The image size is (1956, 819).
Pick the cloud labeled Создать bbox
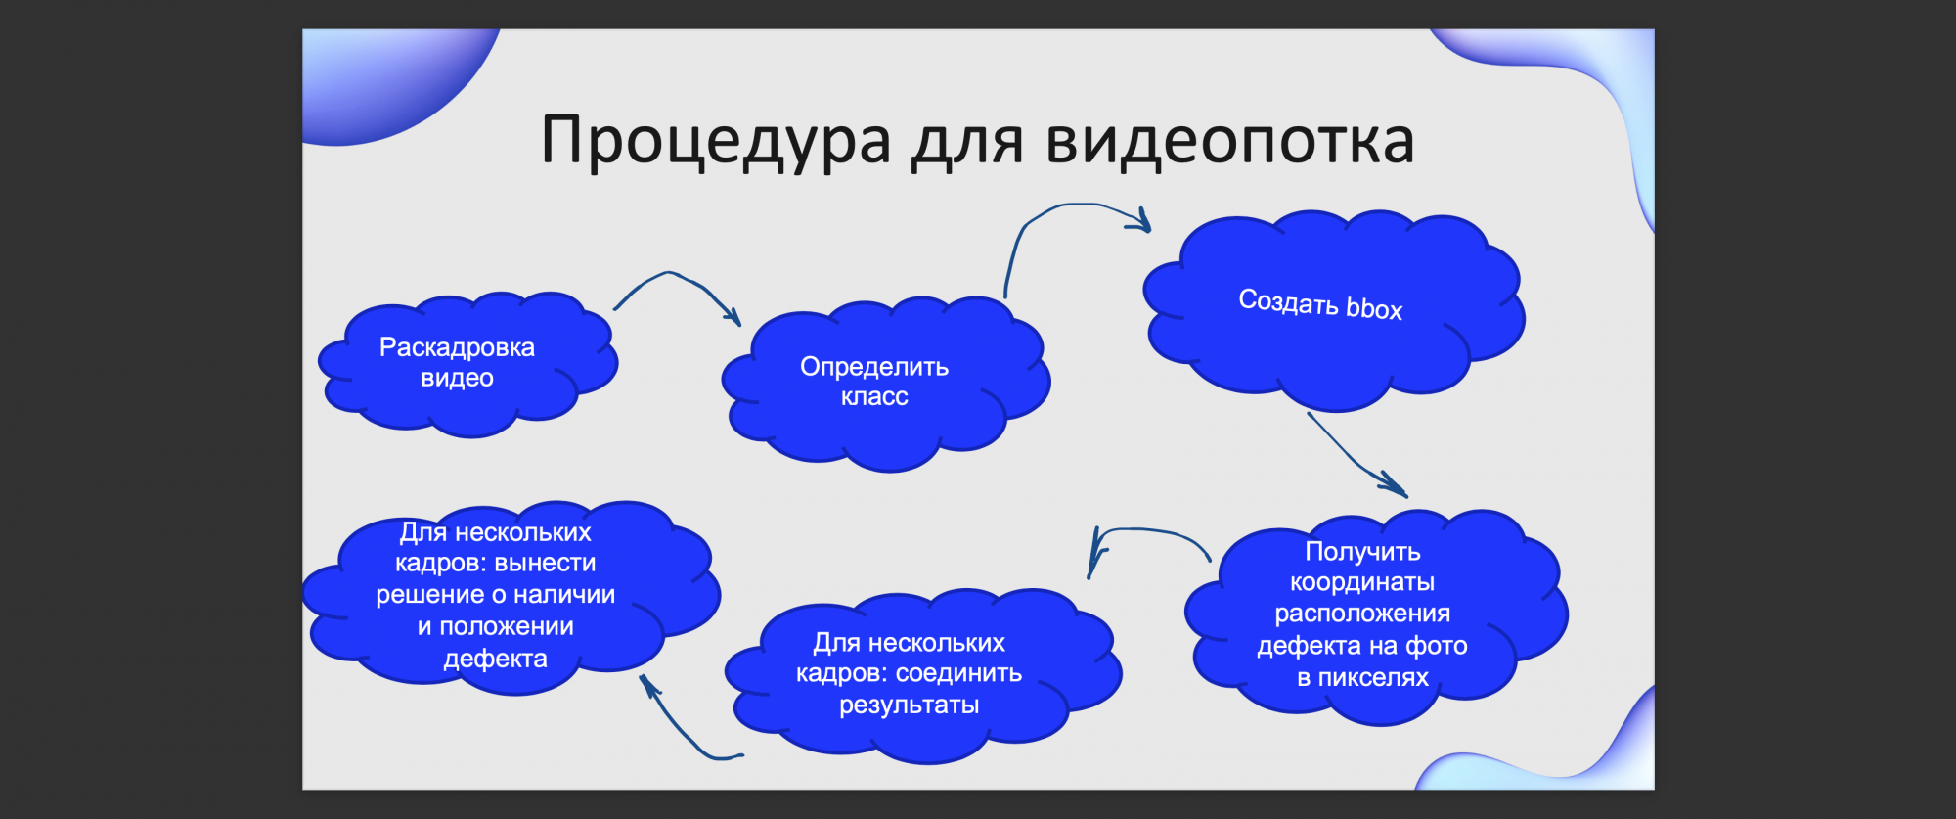[1333, 309]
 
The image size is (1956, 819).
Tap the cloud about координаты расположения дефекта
[1374, 616]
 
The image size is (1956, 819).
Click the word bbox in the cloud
[1374, 309]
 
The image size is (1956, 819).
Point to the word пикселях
[1373, 677]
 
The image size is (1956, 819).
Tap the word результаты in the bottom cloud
[910, 705]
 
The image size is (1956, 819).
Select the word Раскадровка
[457, 347]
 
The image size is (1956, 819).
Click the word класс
[874, 396]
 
